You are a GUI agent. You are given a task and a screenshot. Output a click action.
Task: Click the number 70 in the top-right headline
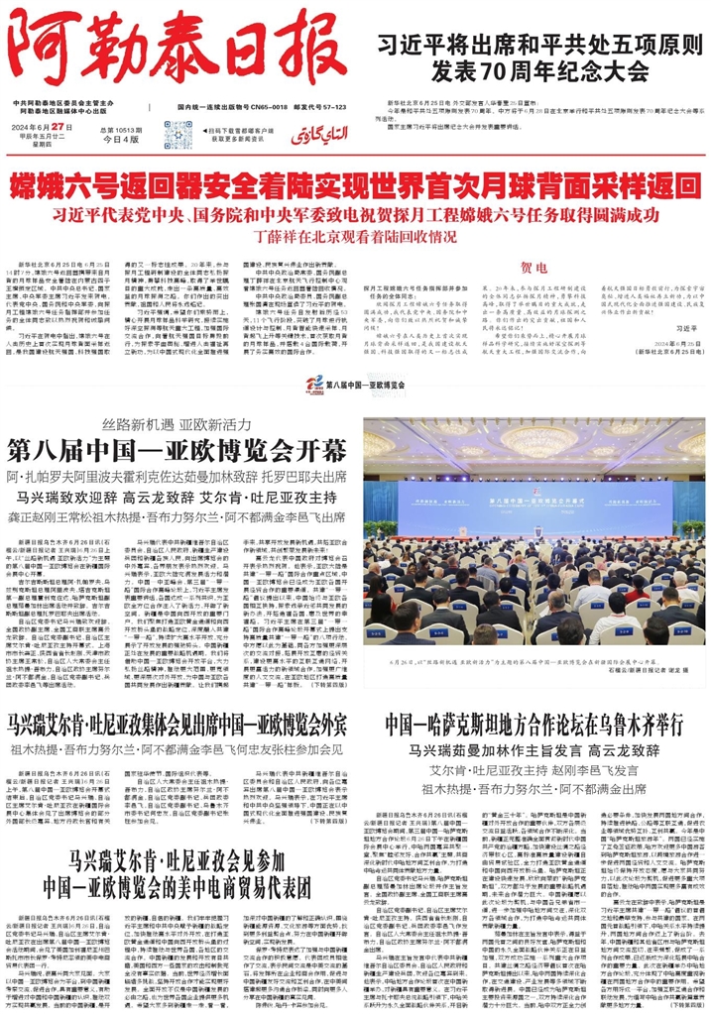533,71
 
